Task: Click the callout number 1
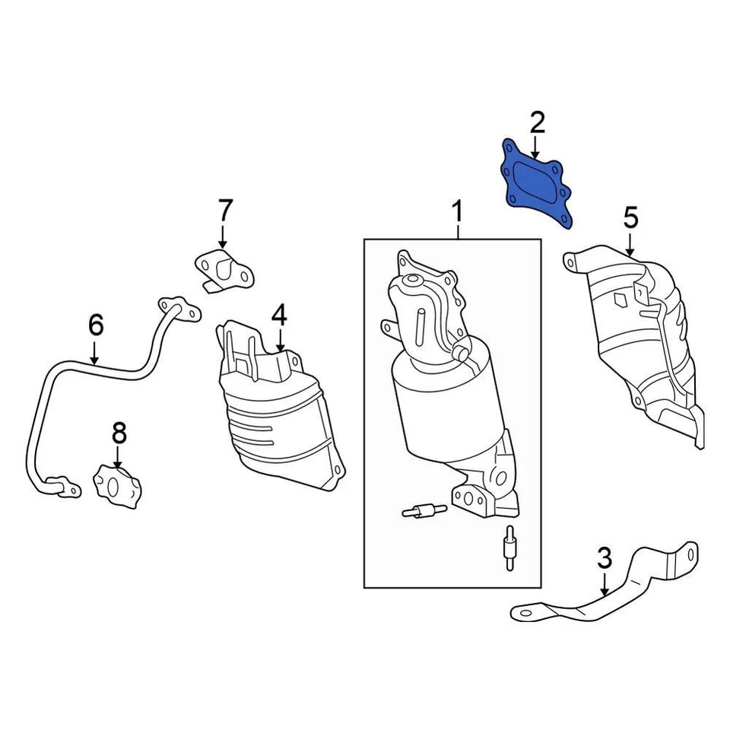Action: coord(458,211)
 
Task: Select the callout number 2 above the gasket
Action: coord(537,122)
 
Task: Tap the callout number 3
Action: coord(605,559)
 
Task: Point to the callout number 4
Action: coord(279,313)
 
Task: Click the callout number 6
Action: coord(95,325)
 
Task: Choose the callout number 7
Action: coord(225,210)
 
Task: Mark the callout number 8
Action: coord(119,435)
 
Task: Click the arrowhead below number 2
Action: coord(537,154)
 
